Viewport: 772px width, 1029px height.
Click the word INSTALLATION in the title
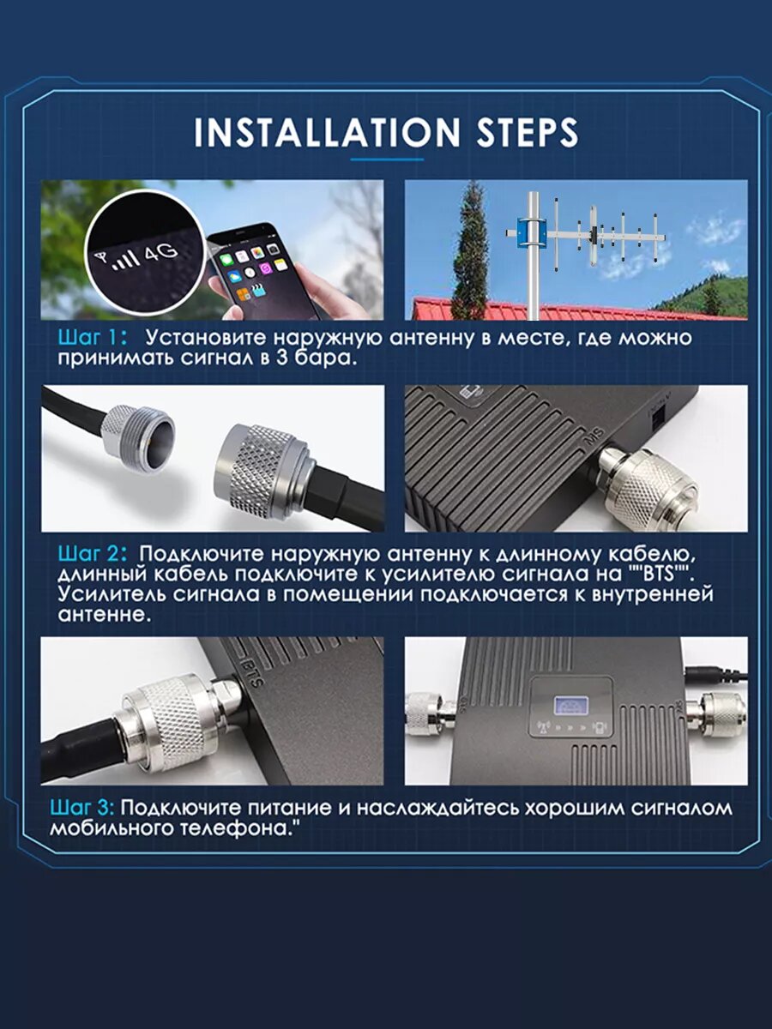pyautogui.click(x=327, y=132)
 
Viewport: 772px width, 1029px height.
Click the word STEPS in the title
pyautogui.click(x=528, y=132)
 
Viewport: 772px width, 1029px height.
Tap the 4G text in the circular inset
pyautogui.click(x=160, y=253)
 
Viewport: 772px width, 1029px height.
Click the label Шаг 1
pyautogui.click(x=92, y=338)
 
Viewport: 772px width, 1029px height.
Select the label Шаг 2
pyautogui.click(x=93, y=554)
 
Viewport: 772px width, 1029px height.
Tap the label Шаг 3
pyautogui.click(x=81, y=808)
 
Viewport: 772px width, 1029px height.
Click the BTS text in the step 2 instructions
pyautogui.click(x=660, y=575)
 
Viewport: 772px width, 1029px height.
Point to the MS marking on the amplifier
pyautogui.click(x=593, y=438)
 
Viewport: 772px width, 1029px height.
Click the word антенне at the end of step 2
pyautogui.click(x=105, y=615)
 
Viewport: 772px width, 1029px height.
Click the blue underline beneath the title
pyautogui.click(x=387, y=159)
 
